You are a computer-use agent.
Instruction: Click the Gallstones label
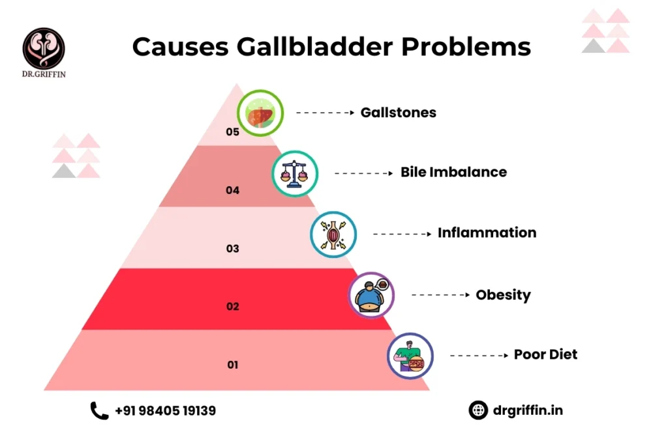(x=398, y=113)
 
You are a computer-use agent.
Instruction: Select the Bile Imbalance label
(x=453, y=173)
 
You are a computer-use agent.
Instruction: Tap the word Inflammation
(x=487, y=233)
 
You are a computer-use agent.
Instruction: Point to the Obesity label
(x=503, y=295)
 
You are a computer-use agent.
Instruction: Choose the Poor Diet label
(x=545, y=355)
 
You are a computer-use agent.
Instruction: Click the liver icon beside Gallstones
(x=260, y=113)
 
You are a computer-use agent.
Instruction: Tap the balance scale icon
(x=295, y=174)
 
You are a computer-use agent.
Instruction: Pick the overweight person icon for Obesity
(x=371, y=295)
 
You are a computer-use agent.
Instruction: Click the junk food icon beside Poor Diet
(x=410, y=356)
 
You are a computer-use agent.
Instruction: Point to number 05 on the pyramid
(x=233, y=132)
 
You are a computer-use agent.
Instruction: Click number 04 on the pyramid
(x=233, y=190)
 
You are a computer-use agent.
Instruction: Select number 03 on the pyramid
(x=233, y=248)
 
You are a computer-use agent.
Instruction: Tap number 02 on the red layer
(x=233, y=306)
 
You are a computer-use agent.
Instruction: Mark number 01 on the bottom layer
(x=233, y=365)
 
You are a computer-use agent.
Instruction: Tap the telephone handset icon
(x=99, y=410)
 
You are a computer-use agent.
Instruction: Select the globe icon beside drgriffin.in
(x=478, y=410)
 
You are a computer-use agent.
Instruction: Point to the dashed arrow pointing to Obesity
(x=440, y=295)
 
